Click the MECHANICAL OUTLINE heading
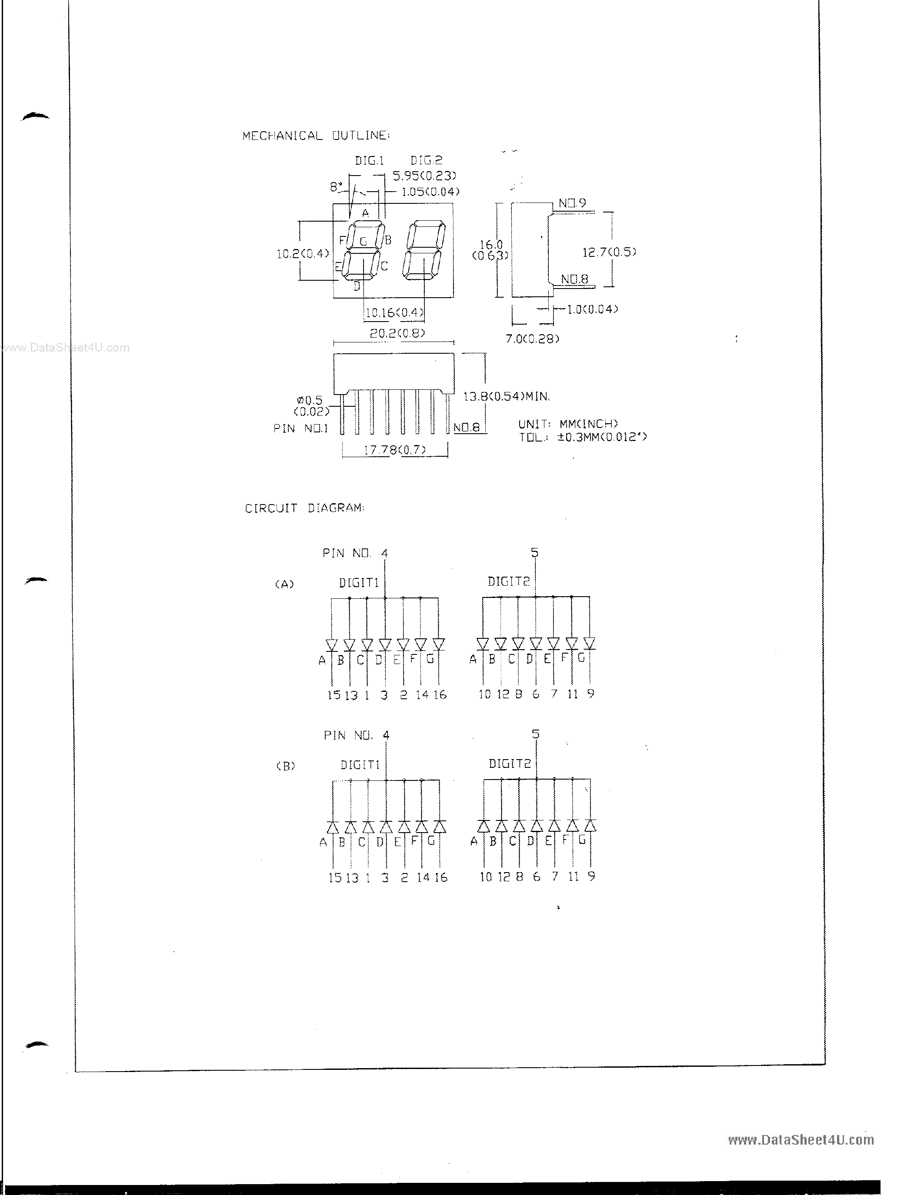click(x=316, y=136)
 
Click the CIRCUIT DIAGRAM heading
click(x=304, y=508)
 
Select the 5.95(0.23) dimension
click(x=424, y=176)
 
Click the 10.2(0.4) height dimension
click(x=303, y=253)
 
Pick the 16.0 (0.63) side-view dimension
click(x=490, y=249)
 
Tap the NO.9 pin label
click(x=572, y=203)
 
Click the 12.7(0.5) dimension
click(x=609, y=252)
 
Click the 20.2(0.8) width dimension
click(x=397, y=333)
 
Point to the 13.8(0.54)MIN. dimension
click(x=506, y=396)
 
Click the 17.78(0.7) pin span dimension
click(x=394, y=450)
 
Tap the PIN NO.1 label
click(x=300, y=428)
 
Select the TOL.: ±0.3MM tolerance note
click(x=582, y=437)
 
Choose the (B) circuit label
click(x=285, y=766)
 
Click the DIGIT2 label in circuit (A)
click(x=509, y=581)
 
